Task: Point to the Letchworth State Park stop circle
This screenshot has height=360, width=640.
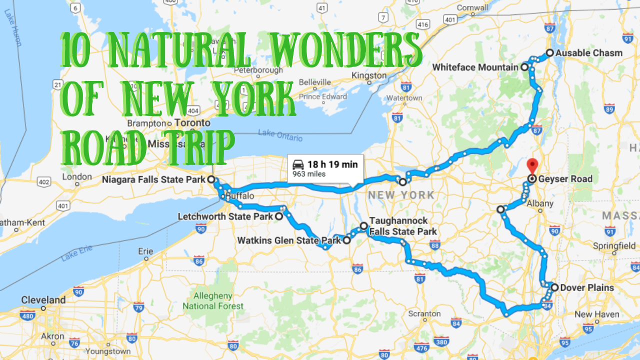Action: [x=278, y=216]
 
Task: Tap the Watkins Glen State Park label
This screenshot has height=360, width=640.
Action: [x=289, y=240]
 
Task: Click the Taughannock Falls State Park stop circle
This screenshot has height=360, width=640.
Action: [x=364, y=225]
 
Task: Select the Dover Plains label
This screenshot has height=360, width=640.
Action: [x=586, y=287]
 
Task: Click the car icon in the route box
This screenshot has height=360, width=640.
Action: [x=297, y=164]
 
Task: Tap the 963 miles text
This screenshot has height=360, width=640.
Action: [x=309, y=174]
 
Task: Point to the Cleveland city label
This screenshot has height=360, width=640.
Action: [x=43, y=300]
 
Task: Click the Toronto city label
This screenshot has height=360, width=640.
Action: [x=195, y=122]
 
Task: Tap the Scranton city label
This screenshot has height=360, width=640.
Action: [x=424, y=313]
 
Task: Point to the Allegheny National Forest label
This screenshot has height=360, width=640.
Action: [x=213, y=300]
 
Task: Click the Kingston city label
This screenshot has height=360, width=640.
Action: [x=369, y=75]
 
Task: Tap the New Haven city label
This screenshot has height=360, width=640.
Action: [x=597, y=314]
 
